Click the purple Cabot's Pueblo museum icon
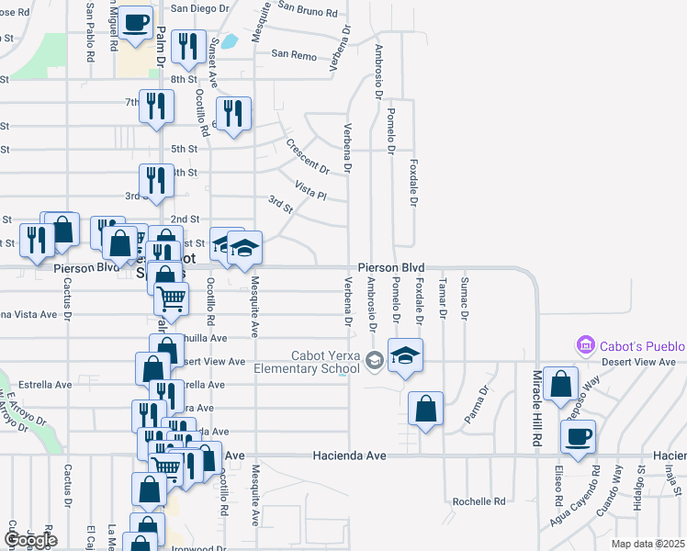585,346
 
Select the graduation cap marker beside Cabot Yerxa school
405,355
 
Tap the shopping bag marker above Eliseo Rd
560,385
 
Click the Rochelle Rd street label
479,502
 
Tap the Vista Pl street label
311,189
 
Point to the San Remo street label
293,54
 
